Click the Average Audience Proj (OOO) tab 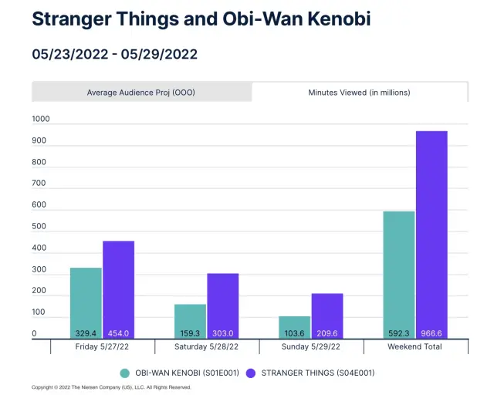coord(141,93)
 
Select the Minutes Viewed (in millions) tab coord(359,93)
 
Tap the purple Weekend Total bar coord(431,231)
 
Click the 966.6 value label coord(431,333)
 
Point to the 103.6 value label coord(294,333)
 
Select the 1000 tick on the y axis coord(40,120)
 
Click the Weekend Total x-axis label coord(415,347)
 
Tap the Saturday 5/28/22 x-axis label coord(206,347)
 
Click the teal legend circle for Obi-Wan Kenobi coord(125,373)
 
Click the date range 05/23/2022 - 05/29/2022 coord(114,54)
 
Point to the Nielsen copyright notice coord(110,387)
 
